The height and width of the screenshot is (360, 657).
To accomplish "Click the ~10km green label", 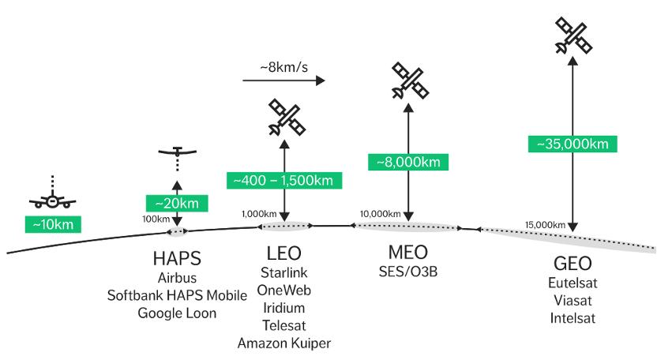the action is (53, 224).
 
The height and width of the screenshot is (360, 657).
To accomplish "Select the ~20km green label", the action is (177, 203).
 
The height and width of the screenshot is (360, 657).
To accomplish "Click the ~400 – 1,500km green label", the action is (284, 180).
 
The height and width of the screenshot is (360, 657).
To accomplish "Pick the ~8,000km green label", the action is (408, 162).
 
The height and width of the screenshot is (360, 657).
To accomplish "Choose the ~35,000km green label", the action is (573, 144).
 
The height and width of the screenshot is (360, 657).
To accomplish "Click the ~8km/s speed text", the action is (284, 66).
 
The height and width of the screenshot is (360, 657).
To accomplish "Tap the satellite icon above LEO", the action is (287, 118).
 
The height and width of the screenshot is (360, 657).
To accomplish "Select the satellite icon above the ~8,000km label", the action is (410, 81).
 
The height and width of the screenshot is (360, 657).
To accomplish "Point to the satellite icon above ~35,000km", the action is (573, 36).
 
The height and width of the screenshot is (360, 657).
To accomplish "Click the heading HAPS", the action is (177, 258).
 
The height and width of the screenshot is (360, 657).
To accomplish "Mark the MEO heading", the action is (408, 253).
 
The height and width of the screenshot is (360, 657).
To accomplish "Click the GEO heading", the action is (573, 264).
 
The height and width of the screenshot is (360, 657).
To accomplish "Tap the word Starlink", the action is (284, 272).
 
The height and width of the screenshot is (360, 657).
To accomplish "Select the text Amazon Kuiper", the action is (284, 343).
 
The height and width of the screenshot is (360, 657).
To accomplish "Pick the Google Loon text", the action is (177, 313).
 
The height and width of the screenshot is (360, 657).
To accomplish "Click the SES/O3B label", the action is (408, 272).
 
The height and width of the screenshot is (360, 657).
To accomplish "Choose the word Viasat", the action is (573, 300).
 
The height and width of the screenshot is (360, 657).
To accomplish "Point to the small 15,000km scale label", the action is (545, 225).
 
